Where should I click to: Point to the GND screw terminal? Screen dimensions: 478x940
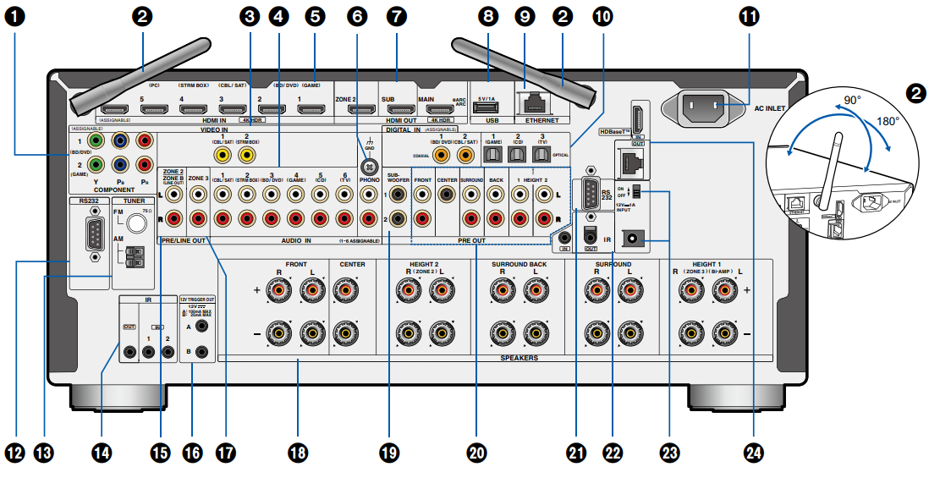tap(368, 167)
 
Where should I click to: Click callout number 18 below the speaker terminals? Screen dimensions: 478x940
tap(297, 453)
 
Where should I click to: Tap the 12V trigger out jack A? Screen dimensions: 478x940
tap(202, 324)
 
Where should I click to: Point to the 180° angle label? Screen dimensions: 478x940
tap(887, 121)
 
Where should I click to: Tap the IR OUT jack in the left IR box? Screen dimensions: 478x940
tap(130, 351)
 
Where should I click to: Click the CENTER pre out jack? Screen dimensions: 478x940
tap(448, 194)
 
